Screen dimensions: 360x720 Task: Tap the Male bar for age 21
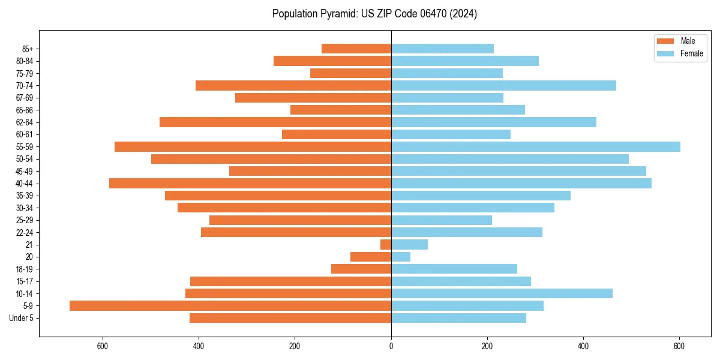[x=386, y=245]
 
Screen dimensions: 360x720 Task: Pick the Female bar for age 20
[x=401, y=257]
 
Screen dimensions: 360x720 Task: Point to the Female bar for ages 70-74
[x=503, y=86]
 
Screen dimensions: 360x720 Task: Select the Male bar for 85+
[x=356, y=49]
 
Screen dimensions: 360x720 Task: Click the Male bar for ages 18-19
[x=361, y=269]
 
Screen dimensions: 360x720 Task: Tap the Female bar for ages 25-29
[x=442, y=220]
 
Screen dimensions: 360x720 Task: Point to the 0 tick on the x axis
[x=391, y=346]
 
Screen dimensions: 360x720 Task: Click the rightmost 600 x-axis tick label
[x=679, y=346]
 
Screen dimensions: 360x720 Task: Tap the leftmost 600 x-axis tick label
[x=103, y=346]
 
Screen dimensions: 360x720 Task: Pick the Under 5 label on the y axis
[x=22, y=318]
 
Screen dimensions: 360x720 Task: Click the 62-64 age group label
[x=25, y=122]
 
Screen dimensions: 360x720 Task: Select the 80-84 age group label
[x=25, y=61]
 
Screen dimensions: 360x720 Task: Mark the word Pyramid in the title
[x=338, y=14]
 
